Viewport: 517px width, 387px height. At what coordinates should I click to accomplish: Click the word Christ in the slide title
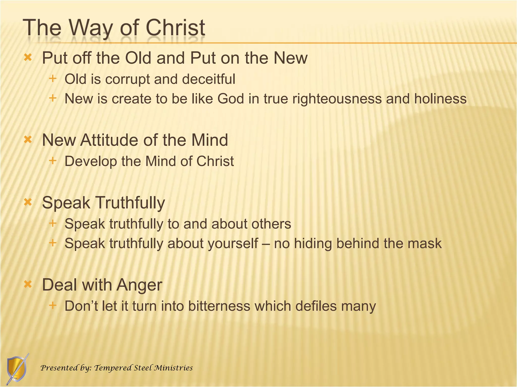pos(175,28)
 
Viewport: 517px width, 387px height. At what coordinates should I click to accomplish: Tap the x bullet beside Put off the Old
pos(28,58)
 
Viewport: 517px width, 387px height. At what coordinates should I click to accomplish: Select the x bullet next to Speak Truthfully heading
pos(28,202)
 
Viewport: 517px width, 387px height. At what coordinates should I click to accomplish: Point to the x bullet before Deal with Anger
pos(28,284)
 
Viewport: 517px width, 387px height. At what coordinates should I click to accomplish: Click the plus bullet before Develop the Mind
pos(53,160)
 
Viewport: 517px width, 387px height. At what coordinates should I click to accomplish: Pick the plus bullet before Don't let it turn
pos(53,305)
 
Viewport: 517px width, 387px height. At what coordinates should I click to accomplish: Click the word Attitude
pos(110,140)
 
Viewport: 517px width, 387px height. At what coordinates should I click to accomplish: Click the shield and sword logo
pos(17,369)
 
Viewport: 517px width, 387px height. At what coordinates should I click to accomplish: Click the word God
pos(230,99)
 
